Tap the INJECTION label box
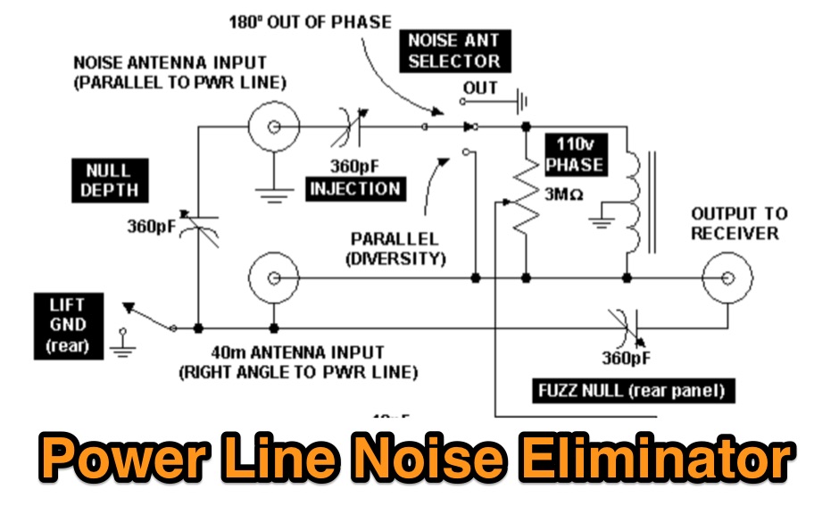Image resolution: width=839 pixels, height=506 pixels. click(354, 188)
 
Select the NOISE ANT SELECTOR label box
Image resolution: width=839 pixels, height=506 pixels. click(453, 51)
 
